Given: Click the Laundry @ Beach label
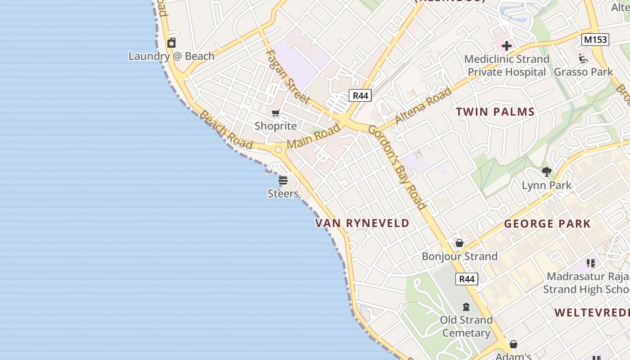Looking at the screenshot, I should [x=171, y=56].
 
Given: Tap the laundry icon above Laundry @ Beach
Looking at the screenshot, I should [x=171, y=43].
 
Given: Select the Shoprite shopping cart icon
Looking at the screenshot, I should [x=275, y=113].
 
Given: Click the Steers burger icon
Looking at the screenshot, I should [x=283, y=181].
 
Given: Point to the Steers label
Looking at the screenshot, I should [x=283, y=194].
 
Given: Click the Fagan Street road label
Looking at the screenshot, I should [x=288, y=76].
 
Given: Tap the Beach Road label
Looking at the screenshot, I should [x=225, y=130].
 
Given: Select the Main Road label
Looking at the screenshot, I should [x=314, y=136].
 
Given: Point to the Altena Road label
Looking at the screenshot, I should [x=423, y=107].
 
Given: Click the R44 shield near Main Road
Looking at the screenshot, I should [x=360, y=95].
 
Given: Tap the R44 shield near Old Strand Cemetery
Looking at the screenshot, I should [x=466, y=279].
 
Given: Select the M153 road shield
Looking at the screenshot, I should [x=595, y=40].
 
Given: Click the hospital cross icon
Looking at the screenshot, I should [x=507, y=46].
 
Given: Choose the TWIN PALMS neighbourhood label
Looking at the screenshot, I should [x=495, y=112].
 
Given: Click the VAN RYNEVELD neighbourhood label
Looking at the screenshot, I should [x=362, y=223].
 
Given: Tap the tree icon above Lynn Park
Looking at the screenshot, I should [x=547, y=171].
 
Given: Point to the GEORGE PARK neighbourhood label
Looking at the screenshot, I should [x=547, y=224].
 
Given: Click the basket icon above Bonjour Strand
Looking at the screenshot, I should [x=459, y=243].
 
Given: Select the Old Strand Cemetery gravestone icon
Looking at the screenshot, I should [x=466, y=307].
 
